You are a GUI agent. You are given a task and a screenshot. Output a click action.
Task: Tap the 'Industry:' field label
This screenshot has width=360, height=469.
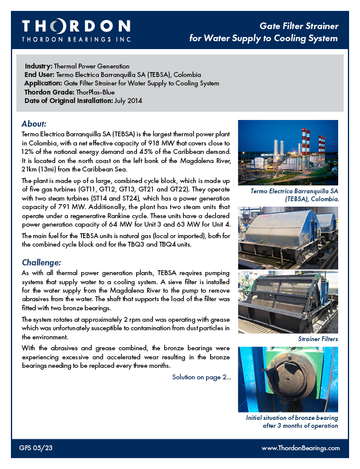[39, 65]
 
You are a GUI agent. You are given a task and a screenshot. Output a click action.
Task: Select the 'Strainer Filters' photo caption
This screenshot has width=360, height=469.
[318, 339]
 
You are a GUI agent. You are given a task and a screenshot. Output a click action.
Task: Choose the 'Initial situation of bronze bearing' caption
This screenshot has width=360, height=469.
[292, 418]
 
